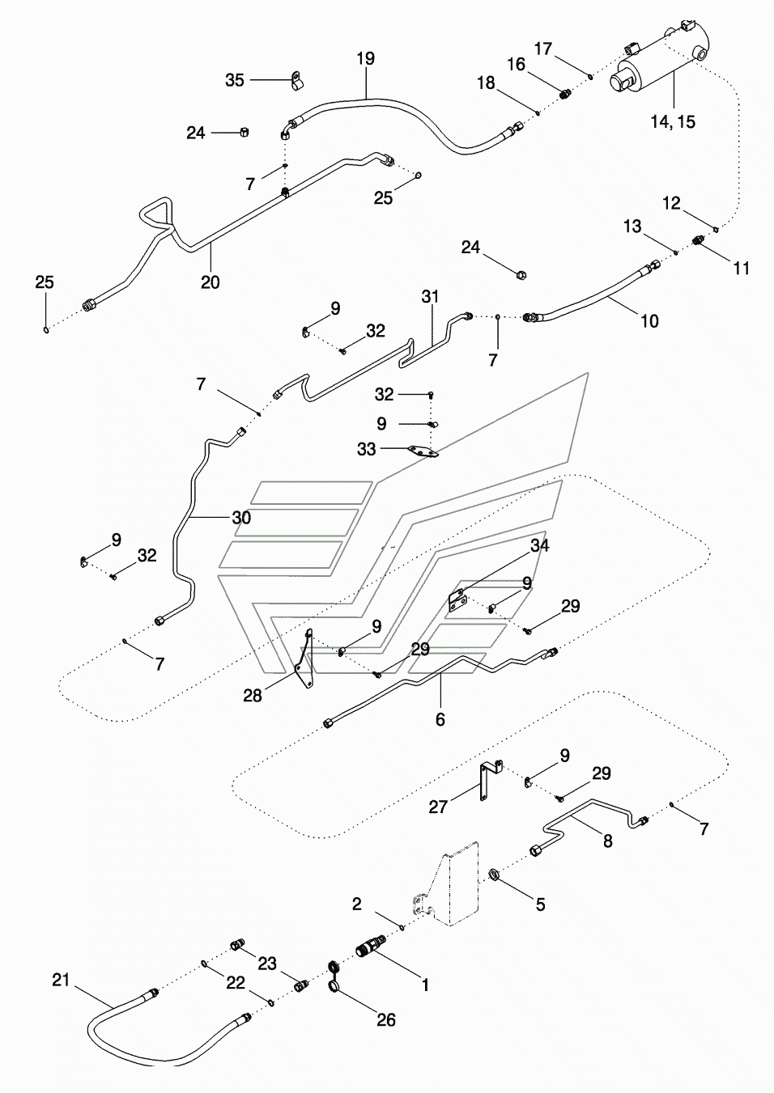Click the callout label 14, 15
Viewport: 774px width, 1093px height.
point(673,121)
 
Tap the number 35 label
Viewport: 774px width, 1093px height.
point(235,80)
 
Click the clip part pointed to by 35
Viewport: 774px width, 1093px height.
point(296,81)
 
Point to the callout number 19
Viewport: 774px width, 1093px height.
point(365,58)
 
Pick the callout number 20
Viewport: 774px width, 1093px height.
point(211,282)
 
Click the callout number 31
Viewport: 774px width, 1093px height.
point(430,297)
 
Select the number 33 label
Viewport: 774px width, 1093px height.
point(366,448)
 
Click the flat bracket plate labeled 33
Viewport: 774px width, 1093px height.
point(423,451)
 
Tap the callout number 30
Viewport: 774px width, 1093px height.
point(241,518)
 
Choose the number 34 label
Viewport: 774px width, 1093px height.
point(539,545)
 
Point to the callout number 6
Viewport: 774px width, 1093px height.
point(440,718)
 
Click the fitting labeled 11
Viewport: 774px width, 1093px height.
point(699,240)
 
